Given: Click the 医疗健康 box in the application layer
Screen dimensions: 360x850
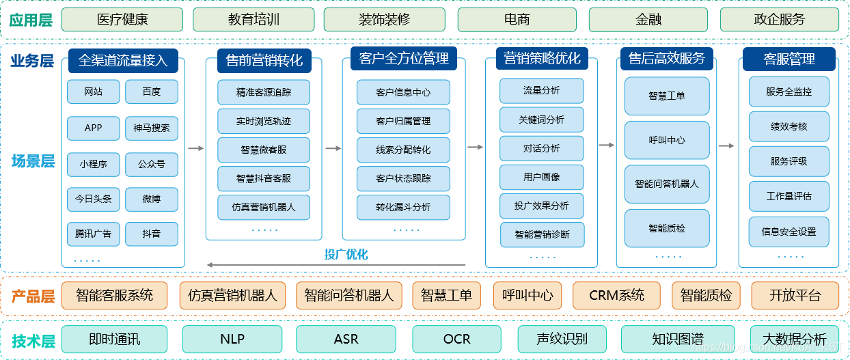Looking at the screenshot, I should (122, 20).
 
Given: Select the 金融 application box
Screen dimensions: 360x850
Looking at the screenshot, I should (648, 20).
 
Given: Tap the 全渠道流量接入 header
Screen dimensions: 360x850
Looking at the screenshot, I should (123, 60).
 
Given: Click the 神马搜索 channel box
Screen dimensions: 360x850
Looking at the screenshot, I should (152, 128).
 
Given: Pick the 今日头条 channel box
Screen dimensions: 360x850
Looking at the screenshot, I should (93, 199).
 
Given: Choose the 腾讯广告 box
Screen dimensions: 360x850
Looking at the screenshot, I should (93, 234).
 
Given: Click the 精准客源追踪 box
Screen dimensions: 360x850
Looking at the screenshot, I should (264, 92).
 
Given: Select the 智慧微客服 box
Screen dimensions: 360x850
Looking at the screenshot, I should (264, 150).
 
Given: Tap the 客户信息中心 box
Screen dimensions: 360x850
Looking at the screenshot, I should (403, 92).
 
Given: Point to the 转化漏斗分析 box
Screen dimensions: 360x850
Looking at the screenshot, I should (403, 207).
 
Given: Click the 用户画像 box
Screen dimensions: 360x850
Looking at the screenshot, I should (542, 177).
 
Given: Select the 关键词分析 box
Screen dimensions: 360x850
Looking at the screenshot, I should (542, 120).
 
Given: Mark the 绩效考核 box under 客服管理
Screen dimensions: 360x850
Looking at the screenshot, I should (789, 126).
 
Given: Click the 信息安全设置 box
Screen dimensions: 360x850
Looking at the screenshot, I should (789, 232).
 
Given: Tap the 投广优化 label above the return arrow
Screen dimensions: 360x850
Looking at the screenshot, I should (346, 254).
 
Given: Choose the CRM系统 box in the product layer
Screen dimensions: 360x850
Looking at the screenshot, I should (617, 296).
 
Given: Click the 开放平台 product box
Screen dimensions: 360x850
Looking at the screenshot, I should (795, 296).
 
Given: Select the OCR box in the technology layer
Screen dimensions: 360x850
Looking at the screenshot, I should (456, 339).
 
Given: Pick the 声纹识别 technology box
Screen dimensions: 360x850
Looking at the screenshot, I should (562, 339).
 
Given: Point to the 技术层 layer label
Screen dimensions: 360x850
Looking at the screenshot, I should (33, 341).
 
